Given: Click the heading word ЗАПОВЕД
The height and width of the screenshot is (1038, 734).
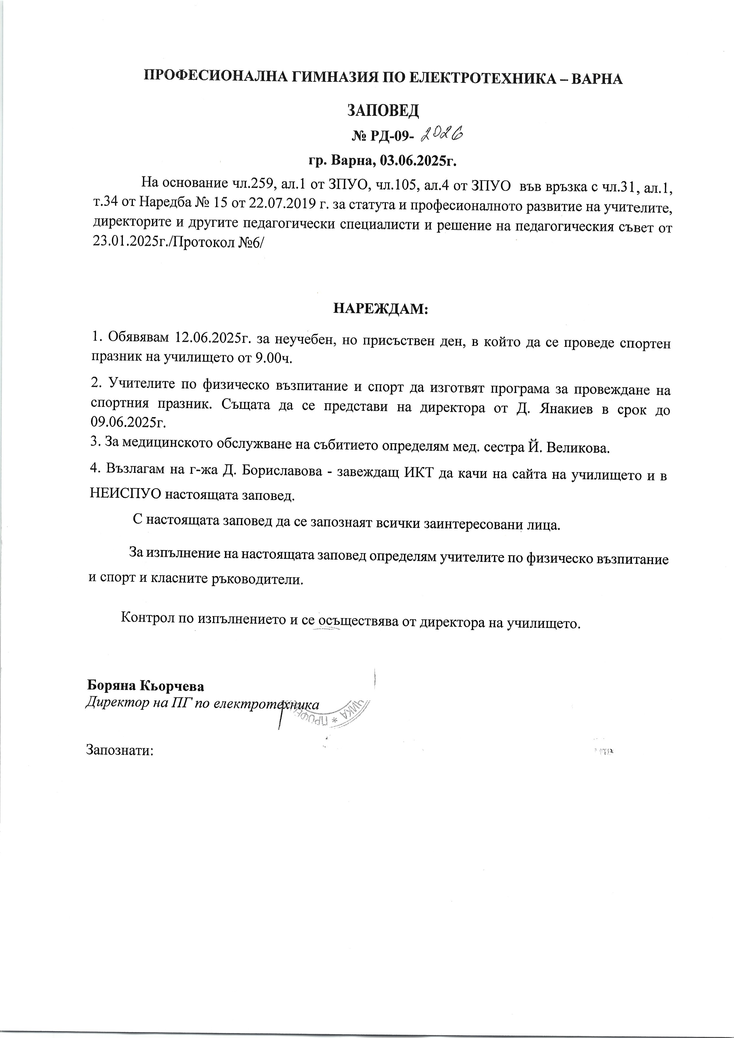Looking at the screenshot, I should point(383,110).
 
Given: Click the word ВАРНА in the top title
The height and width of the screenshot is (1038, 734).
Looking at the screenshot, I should point(597,78).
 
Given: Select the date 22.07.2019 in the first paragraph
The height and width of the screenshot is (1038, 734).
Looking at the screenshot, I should point(279,204).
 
